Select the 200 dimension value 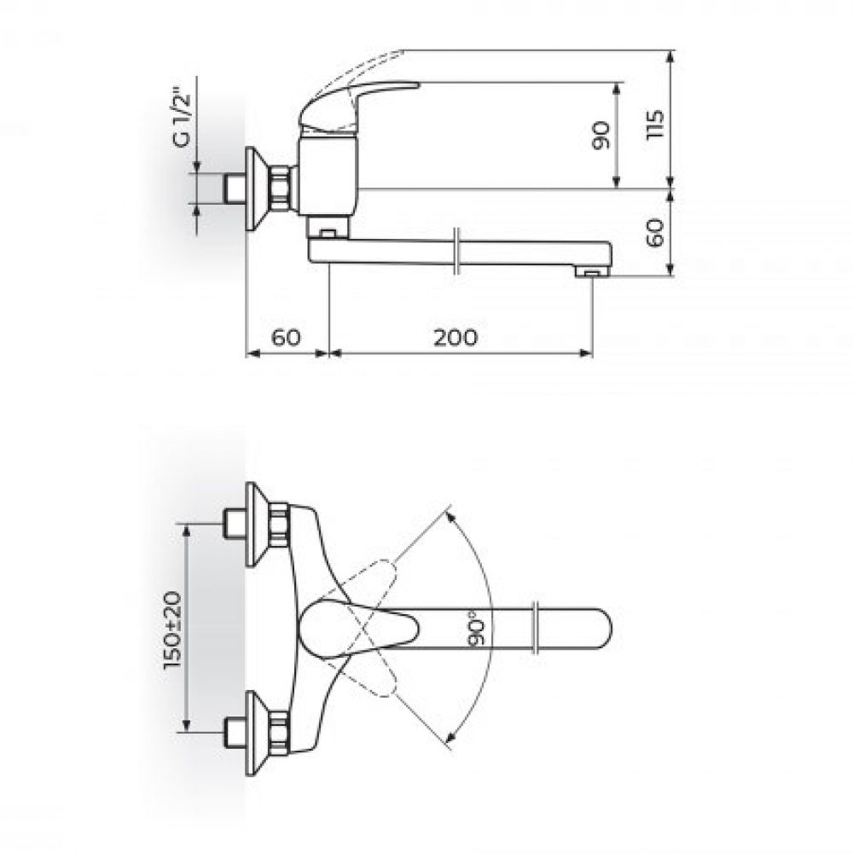456,338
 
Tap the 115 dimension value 655,125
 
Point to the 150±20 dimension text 174,630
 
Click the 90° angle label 475,629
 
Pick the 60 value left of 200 286,338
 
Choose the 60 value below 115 655,233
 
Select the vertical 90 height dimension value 601,136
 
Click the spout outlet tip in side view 592,271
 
